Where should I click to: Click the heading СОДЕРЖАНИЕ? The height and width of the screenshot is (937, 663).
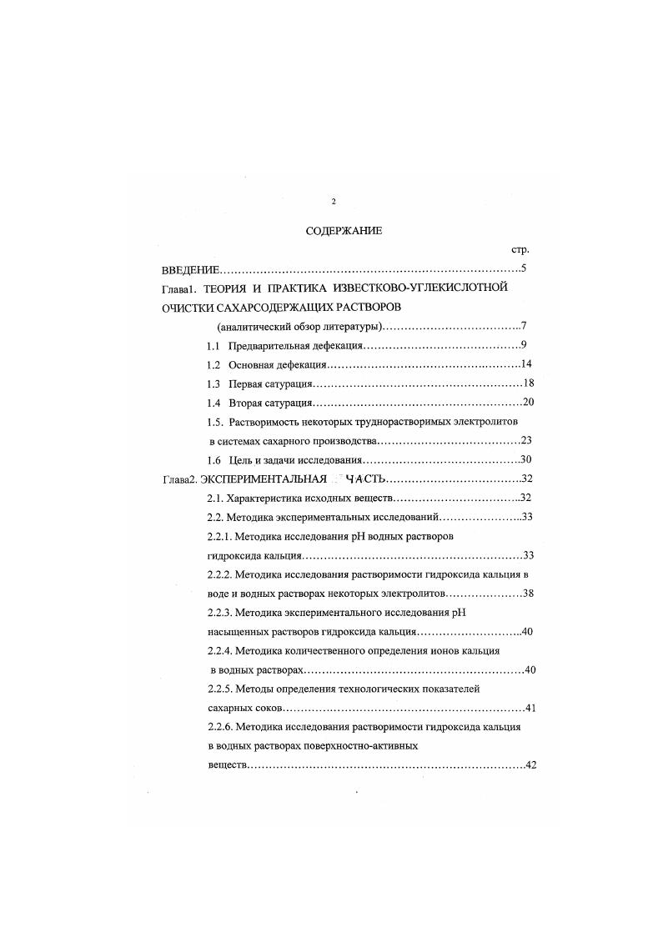point(344,231)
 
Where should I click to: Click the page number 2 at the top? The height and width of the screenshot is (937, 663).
point(333,202)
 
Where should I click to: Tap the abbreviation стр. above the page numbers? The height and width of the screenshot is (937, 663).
point(520,249)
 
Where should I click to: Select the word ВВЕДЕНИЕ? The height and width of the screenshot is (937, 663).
point(190,270)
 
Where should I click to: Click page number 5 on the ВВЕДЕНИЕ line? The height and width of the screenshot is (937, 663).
point(522,268)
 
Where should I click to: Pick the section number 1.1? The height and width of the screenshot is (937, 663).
point(213,346)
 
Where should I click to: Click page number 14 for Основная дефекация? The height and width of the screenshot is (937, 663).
point(525,364)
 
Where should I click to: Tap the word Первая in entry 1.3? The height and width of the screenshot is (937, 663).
point(247,384)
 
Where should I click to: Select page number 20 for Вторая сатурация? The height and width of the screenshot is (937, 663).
point(527,403)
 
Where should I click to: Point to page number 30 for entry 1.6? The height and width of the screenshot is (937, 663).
point(525,459)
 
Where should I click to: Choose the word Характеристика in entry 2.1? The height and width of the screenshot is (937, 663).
point(265,499)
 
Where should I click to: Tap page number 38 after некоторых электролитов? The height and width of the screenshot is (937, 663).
point(527,594)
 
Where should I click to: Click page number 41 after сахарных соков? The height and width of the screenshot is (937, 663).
point(530,709)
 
